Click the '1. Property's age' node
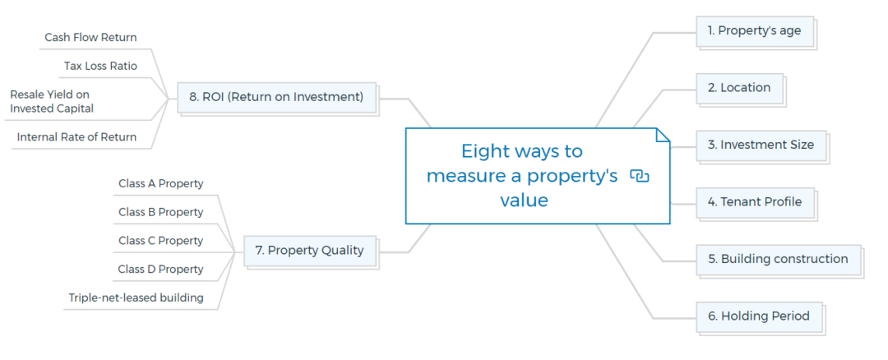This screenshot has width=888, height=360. coord(754,31)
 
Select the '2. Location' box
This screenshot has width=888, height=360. coord(739,88)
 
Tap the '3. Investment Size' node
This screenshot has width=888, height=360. coord(761,145)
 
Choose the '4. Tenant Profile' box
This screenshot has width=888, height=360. coord(755,201)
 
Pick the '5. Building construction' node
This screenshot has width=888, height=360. coord(778,259)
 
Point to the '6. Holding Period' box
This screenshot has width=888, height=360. coord(758,316)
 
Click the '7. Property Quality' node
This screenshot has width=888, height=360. coord(309,251)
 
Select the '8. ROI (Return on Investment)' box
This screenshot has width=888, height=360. coord(275,97)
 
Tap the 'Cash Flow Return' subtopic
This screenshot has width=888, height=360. coord(90,38)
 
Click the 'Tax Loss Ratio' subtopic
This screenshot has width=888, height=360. coord(100,66)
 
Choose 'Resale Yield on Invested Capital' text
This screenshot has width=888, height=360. coord(52,101)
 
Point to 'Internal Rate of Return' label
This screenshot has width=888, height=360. coord(76,137)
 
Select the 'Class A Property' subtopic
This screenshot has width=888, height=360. coord(160,184)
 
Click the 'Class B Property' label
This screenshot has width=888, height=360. coord(160,212)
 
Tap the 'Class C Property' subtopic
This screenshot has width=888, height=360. coord(160,241)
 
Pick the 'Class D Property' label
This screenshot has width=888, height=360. coord(160,270)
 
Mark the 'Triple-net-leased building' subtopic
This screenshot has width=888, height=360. coord(136,298)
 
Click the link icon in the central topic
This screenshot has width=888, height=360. coord(639,176)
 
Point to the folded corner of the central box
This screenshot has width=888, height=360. coord(663,135)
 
